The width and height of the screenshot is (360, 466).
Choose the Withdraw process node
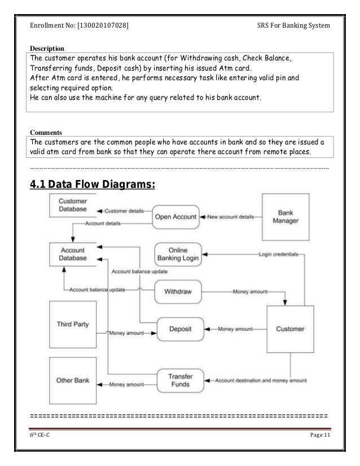(x=178, y=292)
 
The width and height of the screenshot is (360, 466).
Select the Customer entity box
(x=289, y=328)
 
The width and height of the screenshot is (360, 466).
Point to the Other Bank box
(x=73, y=380)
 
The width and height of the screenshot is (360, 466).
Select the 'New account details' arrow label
(x=230, y=217)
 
